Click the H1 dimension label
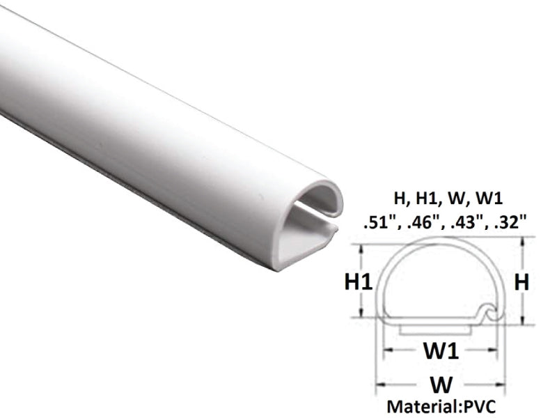coord(359,282)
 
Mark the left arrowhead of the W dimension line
coord(380,384)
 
